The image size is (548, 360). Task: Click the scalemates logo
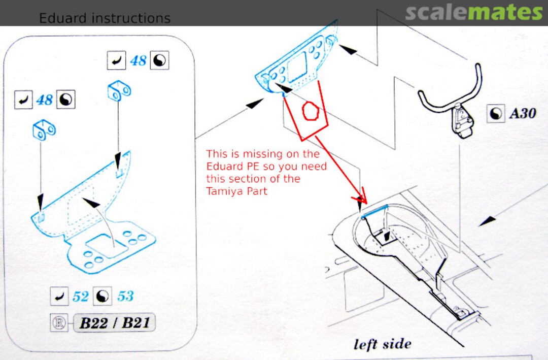473,12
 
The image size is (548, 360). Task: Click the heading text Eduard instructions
105,18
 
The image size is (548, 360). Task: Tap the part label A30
523,113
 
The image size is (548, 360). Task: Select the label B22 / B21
115,322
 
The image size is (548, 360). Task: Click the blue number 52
80,297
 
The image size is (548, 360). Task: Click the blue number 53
125,297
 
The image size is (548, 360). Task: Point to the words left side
383,344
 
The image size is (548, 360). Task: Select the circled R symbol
59,322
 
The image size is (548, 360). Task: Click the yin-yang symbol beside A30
496,114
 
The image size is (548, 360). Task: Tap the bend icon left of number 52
59,297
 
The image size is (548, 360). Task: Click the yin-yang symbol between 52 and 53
102,297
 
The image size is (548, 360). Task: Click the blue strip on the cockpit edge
374,212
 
